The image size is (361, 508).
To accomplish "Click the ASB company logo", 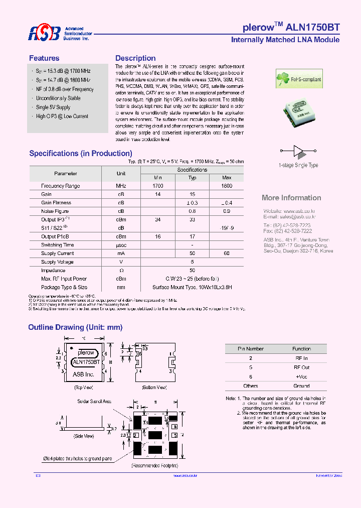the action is coord(44,34).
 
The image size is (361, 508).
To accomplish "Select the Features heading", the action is coord(44,58).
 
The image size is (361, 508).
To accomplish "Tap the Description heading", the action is coord(135,58).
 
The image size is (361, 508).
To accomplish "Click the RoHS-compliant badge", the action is coord(299,79).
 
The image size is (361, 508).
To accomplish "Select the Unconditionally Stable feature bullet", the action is coord(58,98).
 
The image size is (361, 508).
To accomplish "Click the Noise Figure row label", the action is coord(55,211).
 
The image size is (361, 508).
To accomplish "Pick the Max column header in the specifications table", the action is coord(227,178).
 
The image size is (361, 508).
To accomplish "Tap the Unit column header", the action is coord(121,173).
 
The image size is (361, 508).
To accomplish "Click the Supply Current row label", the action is coord(57,253).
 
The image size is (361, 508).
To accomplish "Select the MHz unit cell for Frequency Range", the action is coord(121,186).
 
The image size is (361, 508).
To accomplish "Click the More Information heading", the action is coord(291,198).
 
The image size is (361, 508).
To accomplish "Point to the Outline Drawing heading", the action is coord(75,327).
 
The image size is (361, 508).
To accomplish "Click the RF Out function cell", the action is coord(302,367).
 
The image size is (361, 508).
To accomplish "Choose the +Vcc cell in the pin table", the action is coord(302,376).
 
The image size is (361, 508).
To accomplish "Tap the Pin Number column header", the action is coord(251,349).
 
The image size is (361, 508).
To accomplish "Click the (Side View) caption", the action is coord(84,436).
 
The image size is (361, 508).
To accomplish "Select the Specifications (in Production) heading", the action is coord(81,154).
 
